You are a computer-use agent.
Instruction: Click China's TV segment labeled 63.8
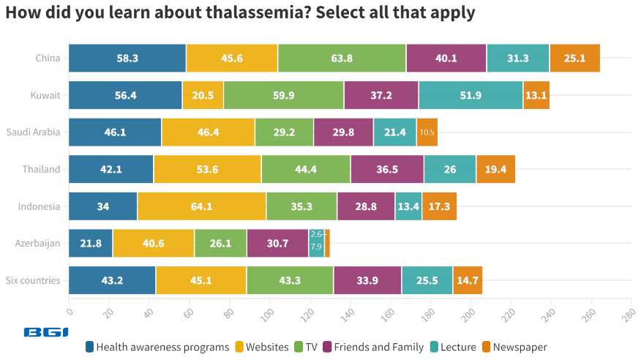[342, 58]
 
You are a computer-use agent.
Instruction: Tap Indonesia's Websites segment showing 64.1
[201, 206]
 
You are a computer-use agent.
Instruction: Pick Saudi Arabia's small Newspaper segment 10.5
[427, 132]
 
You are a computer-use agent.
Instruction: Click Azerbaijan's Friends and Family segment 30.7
[277, 243]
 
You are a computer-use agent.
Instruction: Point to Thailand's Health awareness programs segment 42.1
[111, 169]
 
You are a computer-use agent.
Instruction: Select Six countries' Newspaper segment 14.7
[467, 280]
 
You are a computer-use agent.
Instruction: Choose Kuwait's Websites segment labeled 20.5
[203, 95]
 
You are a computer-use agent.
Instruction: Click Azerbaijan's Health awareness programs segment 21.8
[91, 243]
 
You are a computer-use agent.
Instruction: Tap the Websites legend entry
[263, 347]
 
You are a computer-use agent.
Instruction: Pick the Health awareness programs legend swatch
[90, 347]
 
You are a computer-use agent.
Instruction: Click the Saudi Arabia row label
[33, 132]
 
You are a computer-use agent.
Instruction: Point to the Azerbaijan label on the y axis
[37, 243]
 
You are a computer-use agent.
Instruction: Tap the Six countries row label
[33, 280]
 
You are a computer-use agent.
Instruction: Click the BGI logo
[46, 332]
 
